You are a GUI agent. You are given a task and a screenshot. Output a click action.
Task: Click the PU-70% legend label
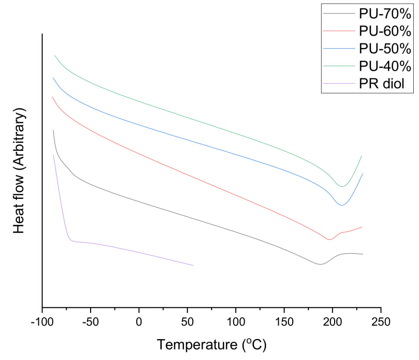pos(384,16)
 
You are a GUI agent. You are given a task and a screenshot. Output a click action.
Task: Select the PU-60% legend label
pos(384,32)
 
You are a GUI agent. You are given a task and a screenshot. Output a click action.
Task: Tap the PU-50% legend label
pos(384,49)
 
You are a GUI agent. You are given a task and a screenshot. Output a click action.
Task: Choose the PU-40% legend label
pos(384,66)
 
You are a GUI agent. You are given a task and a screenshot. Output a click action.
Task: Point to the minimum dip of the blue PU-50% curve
pos(341,205)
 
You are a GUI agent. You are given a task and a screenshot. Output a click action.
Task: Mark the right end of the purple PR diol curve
pos(193,265)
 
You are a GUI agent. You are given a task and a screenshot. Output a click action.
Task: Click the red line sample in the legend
pos(339,32)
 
